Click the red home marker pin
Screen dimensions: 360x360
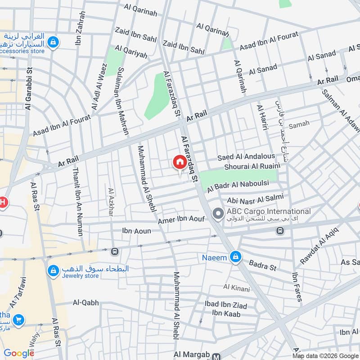pos(180,162)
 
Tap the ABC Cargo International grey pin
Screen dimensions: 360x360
pos(218,213)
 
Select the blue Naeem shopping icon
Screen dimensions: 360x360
pos(235,258)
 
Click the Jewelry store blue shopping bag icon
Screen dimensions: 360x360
pos(53,270)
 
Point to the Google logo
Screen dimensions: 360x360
pos(19,353)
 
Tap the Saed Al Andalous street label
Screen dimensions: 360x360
pos(246,157)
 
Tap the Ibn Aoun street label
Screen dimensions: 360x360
pos(136,230)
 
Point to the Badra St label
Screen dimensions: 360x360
pos(262,266)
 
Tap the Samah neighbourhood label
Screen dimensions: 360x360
pos(299,125)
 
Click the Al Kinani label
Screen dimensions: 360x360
pos(236,287)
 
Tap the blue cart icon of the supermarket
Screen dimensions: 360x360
pos(19,320)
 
